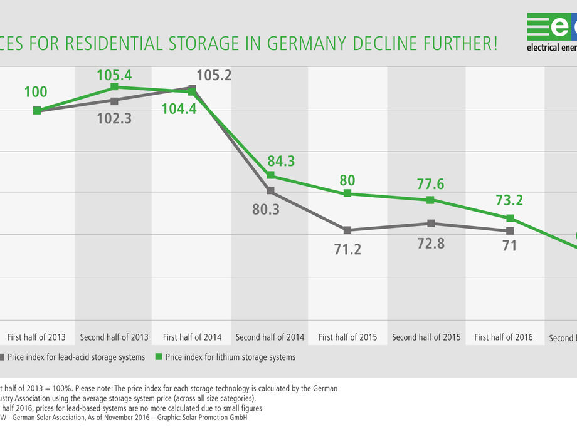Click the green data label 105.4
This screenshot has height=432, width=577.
114,76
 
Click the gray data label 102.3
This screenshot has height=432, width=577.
114,117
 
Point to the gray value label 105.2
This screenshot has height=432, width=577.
214,75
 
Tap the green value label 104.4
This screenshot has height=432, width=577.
179,108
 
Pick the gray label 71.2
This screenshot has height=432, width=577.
347,249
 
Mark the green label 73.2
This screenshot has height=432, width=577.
509,200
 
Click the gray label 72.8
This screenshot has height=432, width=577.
431,243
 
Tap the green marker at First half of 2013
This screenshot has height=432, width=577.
37,110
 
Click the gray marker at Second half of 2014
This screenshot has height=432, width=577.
270,190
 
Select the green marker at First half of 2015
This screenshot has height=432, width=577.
347,194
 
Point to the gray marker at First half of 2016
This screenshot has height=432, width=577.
510,231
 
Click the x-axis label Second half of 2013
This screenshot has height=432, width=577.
114,337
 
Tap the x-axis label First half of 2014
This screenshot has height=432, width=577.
192,337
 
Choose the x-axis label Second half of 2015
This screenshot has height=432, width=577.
426,337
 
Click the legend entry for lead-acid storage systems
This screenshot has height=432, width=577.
77,357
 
